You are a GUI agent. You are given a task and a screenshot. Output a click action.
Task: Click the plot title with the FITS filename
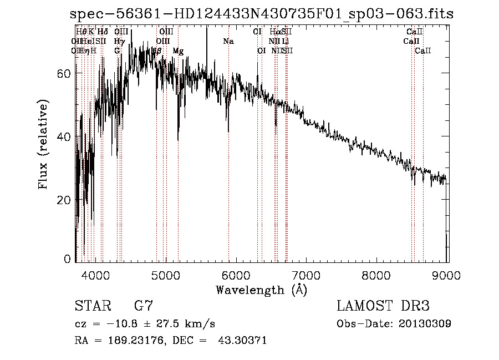[x=262, y=14]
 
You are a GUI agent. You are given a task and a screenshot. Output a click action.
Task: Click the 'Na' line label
[x=228, y=41]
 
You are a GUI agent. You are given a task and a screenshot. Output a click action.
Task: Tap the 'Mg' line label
[x=178, y=50]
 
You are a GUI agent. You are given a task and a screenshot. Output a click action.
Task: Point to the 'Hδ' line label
[x=103, y=32]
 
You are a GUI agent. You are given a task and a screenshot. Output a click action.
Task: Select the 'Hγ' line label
[x=119, y=41]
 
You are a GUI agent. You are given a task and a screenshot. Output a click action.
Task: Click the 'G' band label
[x=117, y=50]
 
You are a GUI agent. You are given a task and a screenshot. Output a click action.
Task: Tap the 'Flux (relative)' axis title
[x=43, y=144]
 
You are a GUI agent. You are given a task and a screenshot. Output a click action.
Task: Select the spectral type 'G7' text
[x=144, y=306]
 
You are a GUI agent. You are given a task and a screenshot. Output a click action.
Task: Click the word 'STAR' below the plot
[x=92, y=306]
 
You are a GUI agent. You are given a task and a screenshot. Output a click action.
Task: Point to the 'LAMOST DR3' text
[x=383, y=306]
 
